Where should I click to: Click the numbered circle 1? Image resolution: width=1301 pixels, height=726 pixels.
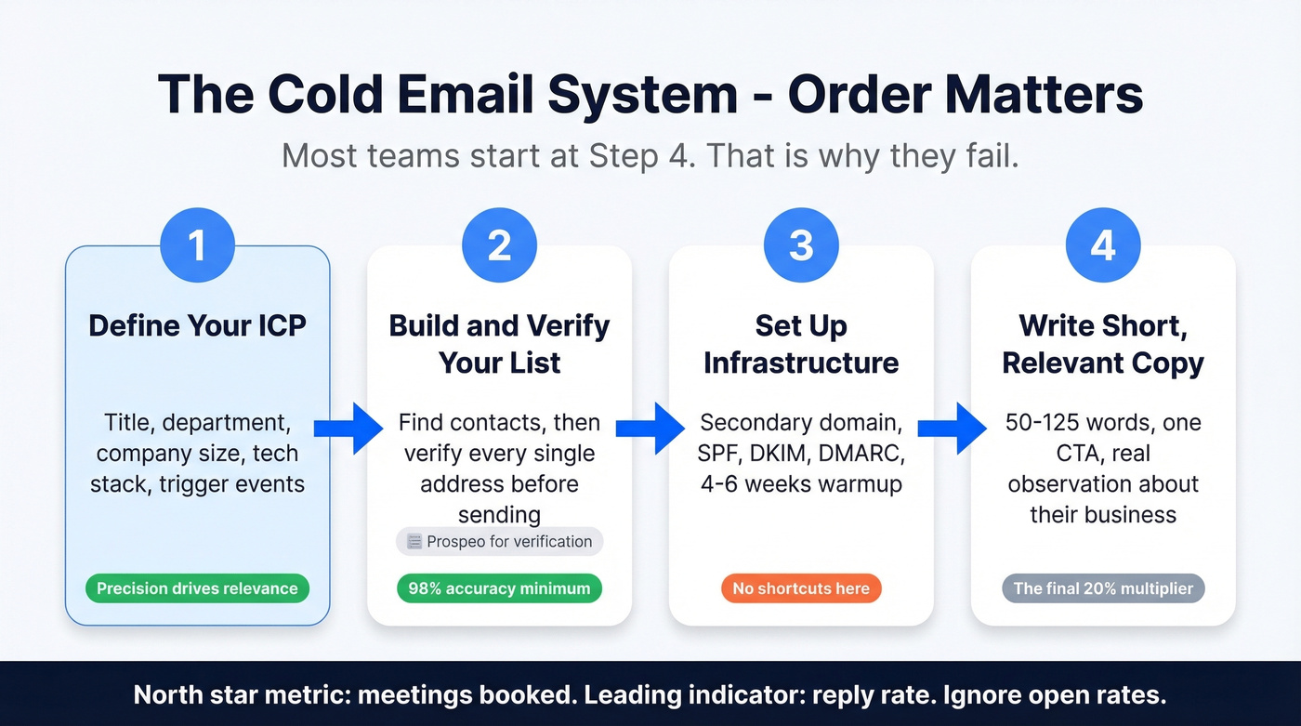coord(197,245)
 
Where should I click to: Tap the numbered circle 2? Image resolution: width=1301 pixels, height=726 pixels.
coord(499,245)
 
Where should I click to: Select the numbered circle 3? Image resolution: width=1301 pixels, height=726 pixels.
coord(801,245)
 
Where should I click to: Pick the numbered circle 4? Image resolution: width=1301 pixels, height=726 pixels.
coord(1103,245)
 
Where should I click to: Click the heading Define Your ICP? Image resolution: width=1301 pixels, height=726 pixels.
coord(197,325)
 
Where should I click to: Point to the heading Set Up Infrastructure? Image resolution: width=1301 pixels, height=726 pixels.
coord(801,343)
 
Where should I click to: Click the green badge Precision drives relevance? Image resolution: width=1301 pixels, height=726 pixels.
coord(197,588)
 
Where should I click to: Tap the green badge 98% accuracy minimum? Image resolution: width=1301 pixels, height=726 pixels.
coord(499,588)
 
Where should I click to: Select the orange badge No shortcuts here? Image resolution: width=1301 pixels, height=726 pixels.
coord(801,588)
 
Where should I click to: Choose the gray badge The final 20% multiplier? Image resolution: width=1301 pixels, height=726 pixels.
coord(1103,588)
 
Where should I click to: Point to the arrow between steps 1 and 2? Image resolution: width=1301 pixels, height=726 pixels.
coord(348,429)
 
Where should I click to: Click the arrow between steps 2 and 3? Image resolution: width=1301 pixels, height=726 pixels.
coord(650,429)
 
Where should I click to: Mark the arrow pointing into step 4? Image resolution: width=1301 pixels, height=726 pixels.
coord(953,429)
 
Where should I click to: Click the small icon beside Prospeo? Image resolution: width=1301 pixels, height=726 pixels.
coord(414,542)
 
